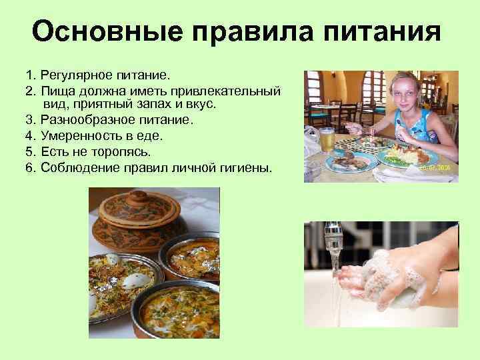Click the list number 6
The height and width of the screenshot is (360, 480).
coord(29,167)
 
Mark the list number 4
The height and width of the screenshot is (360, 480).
coord(29,136)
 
